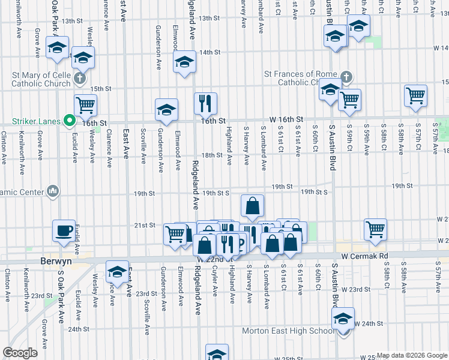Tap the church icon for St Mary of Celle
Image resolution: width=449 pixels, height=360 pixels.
pos(79,79)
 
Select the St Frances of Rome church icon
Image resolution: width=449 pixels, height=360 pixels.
pos(345,77)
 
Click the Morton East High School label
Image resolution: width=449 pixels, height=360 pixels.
pos(288,331)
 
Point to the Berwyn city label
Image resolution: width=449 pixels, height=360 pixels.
pos(56,262)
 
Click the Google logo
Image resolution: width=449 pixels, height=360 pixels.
pos(20,353)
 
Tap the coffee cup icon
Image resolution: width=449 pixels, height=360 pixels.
pos(64,230)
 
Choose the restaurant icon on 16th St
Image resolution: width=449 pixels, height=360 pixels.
pos(206,103)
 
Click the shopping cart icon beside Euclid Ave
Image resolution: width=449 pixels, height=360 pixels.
pos(86,105)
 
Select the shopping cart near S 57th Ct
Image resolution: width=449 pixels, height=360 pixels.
pos(415,95)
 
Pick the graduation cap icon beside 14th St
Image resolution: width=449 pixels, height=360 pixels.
pos(184,61)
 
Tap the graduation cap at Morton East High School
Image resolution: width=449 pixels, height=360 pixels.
pos(343,318)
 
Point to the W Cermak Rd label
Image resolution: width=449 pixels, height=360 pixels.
pos(365,256)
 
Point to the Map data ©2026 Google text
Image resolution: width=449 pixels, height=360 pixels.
pos(412,355)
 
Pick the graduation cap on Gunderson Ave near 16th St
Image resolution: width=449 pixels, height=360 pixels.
pos(166,110)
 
